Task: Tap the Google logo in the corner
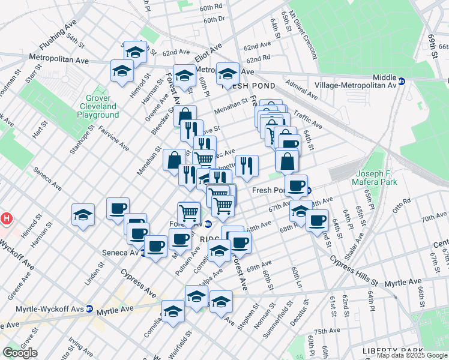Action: tap(20, 352)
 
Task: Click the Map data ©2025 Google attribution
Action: tap(411, 355)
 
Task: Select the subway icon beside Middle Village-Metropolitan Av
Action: tap(402, 81)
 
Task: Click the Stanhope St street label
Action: tap(80, 139)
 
